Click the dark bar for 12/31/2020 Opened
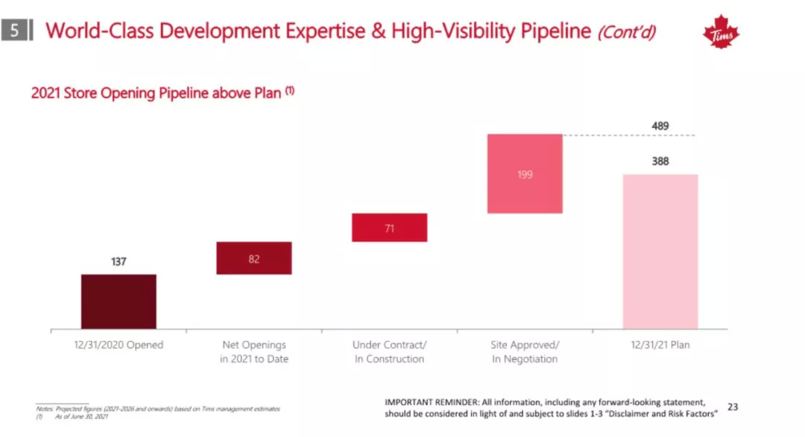coord(119,301)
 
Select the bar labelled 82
coord(254,258)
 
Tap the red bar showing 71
coord(389,227)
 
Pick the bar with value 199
coord(525,174)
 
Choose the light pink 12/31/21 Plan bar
coord(660,251)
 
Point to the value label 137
coord(119,262)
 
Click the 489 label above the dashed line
coord(660,126)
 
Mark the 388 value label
coord(660,160)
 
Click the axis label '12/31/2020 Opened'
coord(119,345)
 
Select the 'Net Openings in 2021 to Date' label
coord(254,352)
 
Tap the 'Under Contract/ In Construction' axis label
coord(389,352)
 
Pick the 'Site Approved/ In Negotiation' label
coord(525,352)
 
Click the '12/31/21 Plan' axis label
coord(660,345)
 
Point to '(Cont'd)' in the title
coord(626,32)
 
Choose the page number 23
coord(733,406)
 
